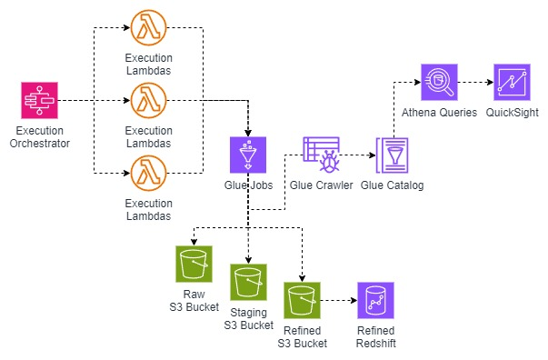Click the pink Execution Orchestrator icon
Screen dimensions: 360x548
(39, 99)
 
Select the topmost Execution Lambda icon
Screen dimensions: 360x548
(148, 29)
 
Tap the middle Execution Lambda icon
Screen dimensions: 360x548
(148, 99)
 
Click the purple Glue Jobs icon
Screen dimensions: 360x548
(247, 155)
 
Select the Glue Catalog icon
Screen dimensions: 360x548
(392, 155)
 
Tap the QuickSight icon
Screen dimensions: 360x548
(510, 81)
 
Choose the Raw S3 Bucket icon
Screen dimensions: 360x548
(193, 264)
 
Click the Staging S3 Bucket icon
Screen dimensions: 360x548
(248, 283)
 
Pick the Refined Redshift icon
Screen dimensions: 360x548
(375, 300)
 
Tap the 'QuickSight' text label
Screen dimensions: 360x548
(510, 113)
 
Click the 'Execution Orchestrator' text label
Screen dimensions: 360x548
(39, 136)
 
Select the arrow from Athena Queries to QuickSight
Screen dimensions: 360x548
(473, 81)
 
